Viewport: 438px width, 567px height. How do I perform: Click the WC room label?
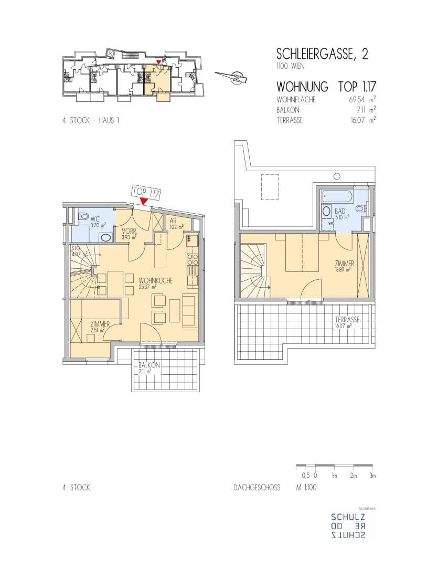click(95, 219)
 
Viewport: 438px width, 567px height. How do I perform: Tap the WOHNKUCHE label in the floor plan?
click(155, 280)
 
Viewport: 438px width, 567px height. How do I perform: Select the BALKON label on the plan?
click(149, 365)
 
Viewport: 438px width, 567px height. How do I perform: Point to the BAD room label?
click(340, 211)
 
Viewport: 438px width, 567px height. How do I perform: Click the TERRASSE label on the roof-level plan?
click(347, 320)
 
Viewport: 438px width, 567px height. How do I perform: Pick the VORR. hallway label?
click(129, 231)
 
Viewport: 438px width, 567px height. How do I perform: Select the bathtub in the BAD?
click(337, 197)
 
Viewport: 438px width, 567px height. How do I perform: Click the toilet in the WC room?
click(83, 216)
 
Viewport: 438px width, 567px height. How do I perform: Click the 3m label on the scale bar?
click(372, 476)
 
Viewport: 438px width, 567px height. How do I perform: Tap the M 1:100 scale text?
click(306, 487)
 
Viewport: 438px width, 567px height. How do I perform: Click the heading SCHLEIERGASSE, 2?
click(322, 54)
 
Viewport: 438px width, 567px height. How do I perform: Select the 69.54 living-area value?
click(356, 99)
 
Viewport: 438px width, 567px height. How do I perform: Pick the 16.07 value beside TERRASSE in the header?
click(357, 120)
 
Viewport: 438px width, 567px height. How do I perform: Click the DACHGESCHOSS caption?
click(257, 487)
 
